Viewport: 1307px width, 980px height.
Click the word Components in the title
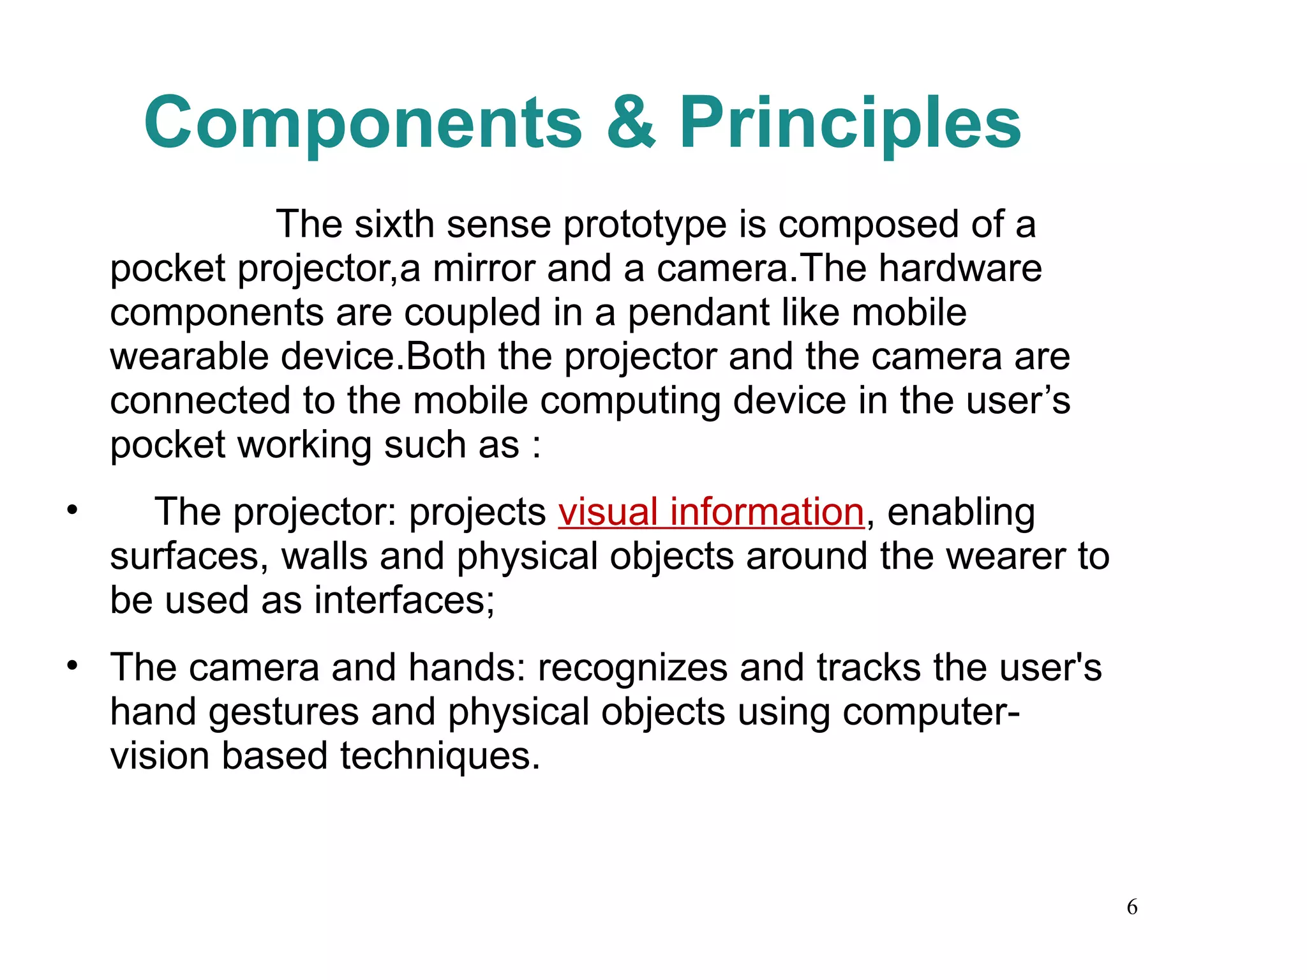[x=363, y=123]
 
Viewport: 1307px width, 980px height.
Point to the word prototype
[x=645, y=225]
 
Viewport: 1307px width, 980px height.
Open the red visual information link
[x=711, y=512]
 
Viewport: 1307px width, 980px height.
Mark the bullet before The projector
[x=73, y=510]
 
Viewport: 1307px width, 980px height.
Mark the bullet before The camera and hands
[x=73, y=666]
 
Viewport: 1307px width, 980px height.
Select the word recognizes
[x=632, y=668]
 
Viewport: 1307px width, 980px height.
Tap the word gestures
[x=283, y=712]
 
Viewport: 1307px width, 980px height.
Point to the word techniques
[x=440, y=756]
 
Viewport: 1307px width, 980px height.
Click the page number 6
[x=1131, y=907]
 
